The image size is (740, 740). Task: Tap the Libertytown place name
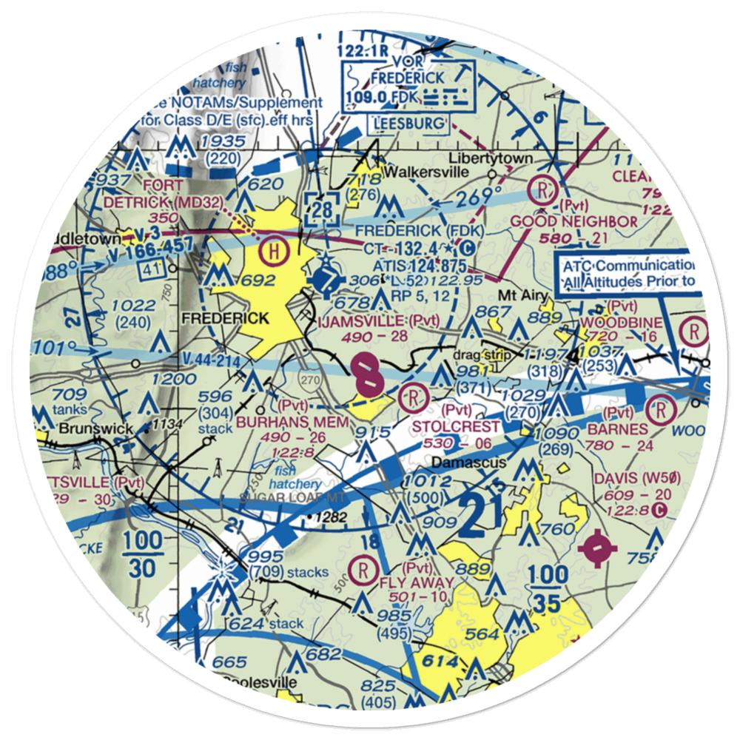point(491,159)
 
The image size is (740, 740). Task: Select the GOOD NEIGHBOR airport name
point(574,222)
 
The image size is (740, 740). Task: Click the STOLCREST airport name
point(457,428)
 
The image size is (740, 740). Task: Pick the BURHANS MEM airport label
point(292,422)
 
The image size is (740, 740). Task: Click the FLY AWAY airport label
point(414,582)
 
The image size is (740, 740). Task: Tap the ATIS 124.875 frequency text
point(419,265)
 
